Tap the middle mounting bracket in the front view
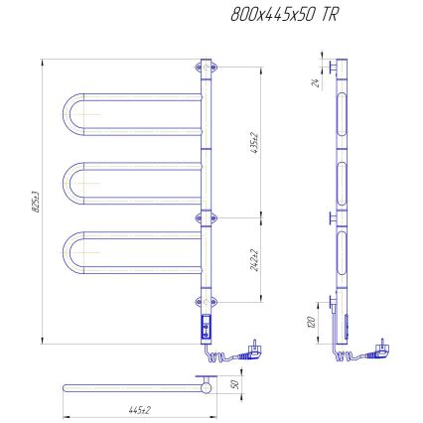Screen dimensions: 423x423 (207, 216)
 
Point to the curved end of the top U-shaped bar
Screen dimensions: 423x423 (71, 116)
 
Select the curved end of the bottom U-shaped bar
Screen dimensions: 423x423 (71, 252)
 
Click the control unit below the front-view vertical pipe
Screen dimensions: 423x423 (207, 325)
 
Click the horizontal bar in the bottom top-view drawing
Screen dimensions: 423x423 (129, 385)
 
